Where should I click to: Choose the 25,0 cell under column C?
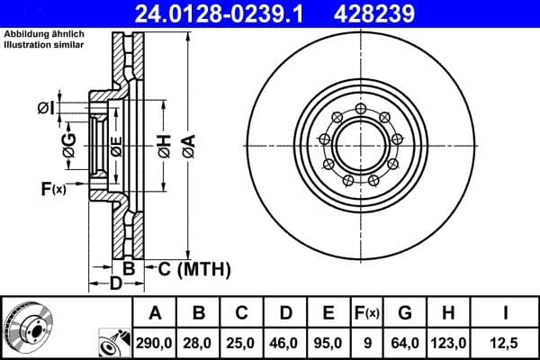click(243, 342)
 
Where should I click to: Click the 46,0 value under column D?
click(286, 342)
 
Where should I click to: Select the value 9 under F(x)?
click(366, 342)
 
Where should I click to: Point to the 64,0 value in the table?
click(404, 342)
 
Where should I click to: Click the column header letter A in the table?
click(155, 313)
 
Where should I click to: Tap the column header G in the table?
click(404, 313)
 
